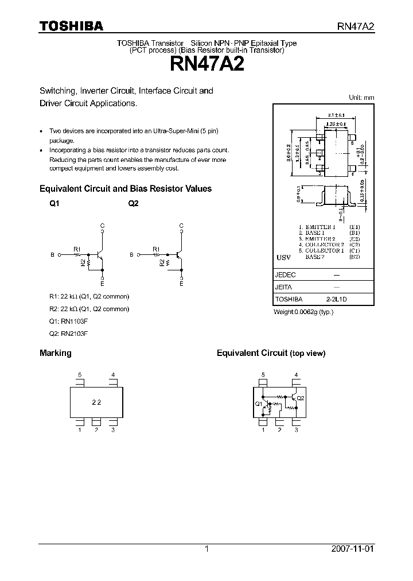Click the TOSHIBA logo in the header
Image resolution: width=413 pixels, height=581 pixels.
click(71, 26)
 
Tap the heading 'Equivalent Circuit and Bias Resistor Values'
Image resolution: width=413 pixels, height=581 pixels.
click(125, 188)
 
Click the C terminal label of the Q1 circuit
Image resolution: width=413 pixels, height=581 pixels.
click(103, 226)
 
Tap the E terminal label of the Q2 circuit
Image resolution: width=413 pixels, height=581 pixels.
click(181, 284)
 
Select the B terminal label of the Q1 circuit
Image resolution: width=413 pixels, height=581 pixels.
click(52, 254)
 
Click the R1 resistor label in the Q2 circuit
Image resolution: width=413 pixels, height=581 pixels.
click(156, 249)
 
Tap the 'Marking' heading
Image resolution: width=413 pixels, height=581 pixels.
click(55, 353)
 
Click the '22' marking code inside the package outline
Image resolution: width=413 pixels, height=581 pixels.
click(96, 402)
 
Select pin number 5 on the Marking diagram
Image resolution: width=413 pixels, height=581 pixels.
click(80, 375)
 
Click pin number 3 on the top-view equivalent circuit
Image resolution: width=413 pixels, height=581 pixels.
click(296, 429)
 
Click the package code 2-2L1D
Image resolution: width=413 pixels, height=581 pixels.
click(337, 299)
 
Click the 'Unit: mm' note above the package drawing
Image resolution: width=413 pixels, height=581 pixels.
click(361, 98)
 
